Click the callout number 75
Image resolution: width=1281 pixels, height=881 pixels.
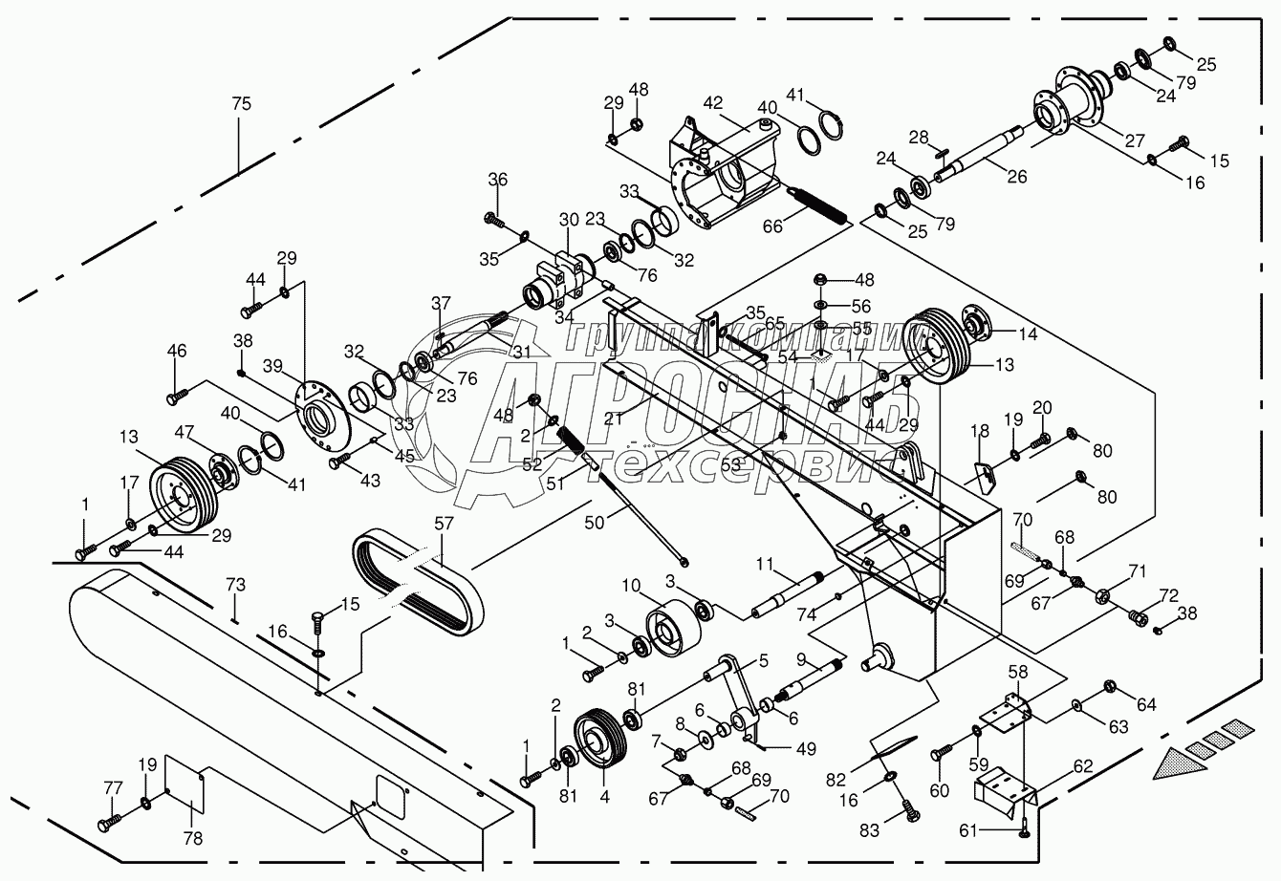tap(241, 104)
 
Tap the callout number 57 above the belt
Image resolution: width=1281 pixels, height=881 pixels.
tap(443, 525)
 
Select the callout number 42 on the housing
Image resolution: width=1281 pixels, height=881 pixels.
tap(713, 103)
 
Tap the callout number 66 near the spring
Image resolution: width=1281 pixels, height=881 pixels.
tap(770, 226)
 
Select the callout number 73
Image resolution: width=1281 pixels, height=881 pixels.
tap(236, 583)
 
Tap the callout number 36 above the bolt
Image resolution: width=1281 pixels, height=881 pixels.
tap(498, 180)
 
